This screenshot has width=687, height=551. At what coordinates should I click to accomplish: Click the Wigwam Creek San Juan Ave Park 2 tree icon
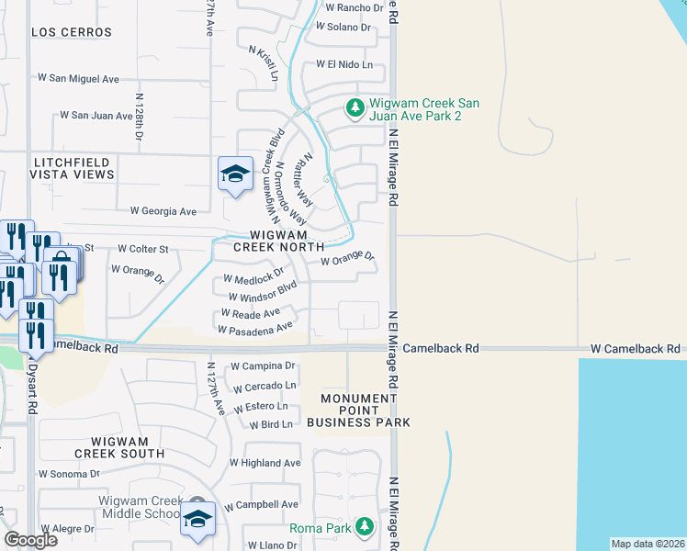(x=355, y=107)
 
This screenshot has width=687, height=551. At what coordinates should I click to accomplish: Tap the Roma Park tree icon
(x=366, y=526)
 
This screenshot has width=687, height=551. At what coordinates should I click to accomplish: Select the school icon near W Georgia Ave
(x=235, y=174)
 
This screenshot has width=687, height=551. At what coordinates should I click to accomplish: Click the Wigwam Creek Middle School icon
(x=197, y=518)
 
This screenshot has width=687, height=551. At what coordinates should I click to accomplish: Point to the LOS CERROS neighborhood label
(x=72, y=32)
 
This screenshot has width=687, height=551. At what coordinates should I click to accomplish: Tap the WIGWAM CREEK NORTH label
(x=278, y=240)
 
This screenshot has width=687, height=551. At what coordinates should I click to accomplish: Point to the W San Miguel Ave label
(x=78, y=79)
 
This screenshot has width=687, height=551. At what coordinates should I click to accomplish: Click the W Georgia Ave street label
(x=163, y=211)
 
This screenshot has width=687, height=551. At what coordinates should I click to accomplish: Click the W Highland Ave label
(x=265, y=463)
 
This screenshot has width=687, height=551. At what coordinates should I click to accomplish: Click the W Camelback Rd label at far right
(x=636, y=349)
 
